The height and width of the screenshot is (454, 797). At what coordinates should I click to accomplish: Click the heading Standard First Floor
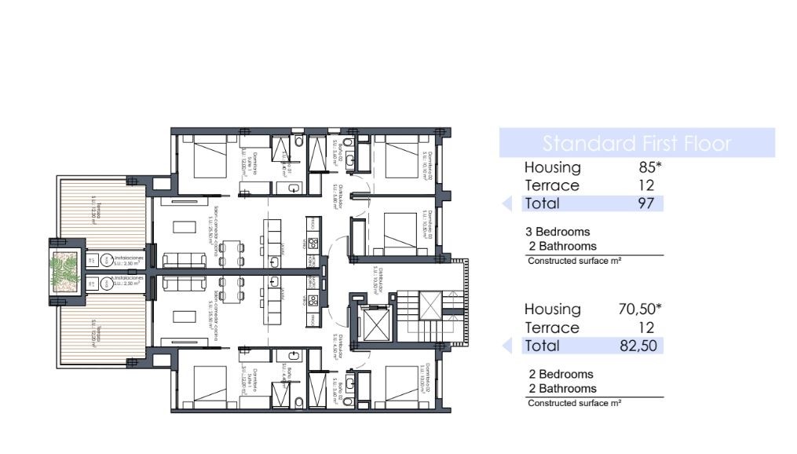tap(637, 144)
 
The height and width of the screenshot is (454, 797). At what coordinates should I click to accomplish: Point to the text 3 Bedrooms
tap(558, 232)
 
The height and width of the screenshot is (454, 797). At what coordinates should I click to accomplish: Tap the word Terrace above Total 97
tap(551, 185)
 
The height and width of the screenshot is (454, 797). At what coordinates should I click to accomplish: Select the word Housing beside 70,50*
tap(552, 309)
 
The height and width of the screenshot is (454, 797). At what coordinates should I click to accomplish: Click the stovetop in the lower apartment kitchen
tap(312, 299)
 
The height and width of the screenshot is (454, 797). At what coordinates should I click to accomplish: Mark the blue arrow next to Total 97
tap(507, 203)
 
